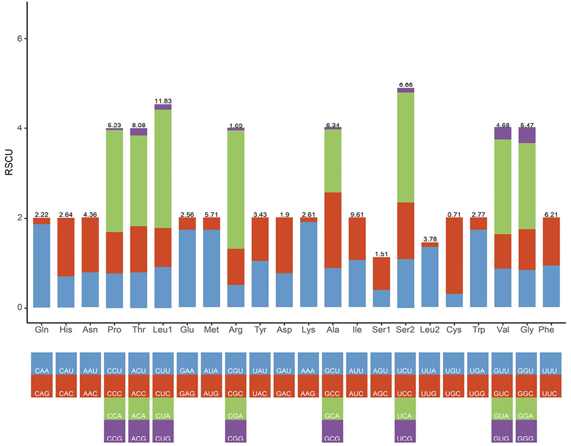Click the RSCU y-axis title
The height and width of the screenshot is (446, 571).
(9, 162)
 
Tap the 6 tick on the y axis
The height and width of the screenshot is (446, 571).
(20, 39)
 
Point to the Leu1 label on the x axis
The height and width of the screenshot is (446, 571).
(162, 330)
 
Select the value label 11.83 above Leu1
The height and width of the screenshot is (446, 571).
(163, 101)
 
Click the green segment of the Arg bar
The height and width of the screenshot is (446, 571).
(236, 189)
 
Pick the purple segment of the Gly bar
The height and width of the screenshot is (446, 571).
(527, 135)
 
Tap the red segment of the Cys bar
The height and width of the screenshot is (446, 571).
(454, 255)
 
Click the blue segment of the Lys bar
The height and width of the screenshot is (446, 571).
(308, 264)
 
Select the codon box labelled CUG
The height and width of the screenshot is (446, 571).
(163, 431)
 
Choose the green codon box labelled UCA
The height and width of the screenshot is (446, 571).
(404, 409)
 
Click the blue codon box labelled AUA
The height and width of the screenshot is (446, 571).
(211, 363)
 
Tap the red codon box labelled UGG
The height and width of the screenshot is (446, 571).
(478, 386)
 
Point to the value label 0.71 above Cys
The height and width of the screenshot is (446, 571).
(454, 215)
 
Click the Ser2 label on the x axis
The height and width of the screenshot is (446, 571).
(405, 330)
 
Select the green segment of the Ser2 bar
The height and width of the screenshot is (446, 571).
(406, 147)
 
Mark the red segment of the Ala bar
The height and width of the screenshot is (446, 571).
(333, 230)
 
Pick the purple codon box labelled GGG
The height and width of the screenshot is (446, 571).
(526, 431)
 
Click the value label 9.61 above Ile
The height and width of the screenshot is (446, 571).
(357, 215)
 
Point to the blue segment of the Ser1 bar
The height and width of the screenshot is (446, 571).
(381, 299)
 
